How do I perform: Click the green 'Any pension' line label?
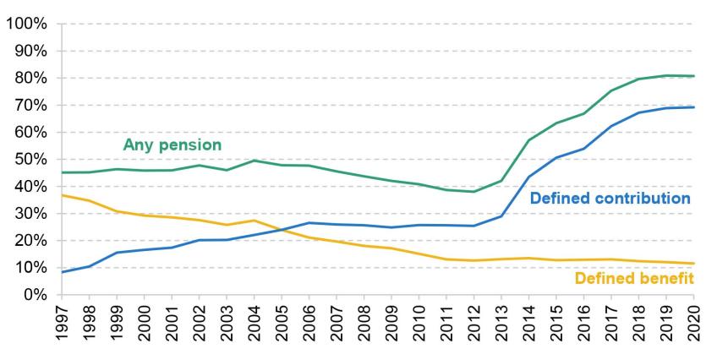coord(172,145)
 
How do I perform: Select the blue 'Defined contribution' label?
coord(610,199)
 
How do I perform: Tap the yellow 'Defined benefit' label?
coord(634,278)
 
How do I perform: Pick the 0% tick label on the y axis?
coord(31,295)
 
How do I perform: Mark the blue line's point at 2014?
coord(529,177)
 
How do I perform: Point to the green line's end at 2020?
coord(693,76)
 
